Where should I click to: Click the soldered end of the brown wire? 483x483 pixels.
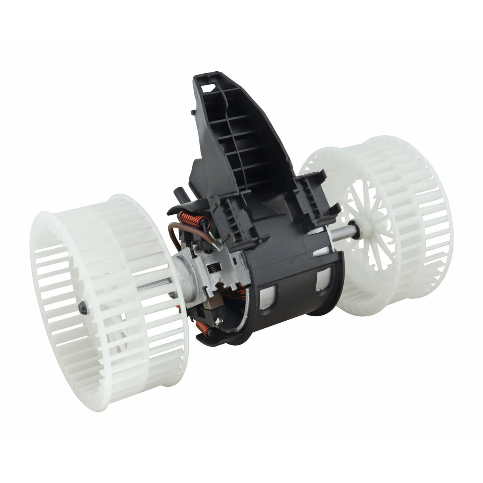click(217, 247)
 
